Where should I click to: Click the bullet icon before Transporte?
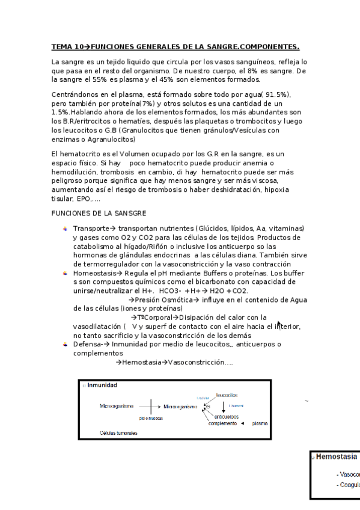[66, 229]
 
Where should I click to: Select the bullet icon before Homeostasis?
[66, 273]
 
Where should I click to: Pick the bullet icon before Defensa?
[66, 345]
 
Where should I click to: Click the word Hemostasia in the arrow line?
[142, 363]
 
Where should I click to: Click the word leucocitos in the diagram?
[227, 395]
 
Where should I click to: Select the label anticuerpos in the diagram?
[227, 416]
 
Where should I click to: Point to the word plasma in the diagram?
[260, 423]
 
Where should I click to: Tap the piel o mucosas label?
[151, 417]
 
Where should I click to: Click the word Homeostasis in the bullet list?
[94, 273]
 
